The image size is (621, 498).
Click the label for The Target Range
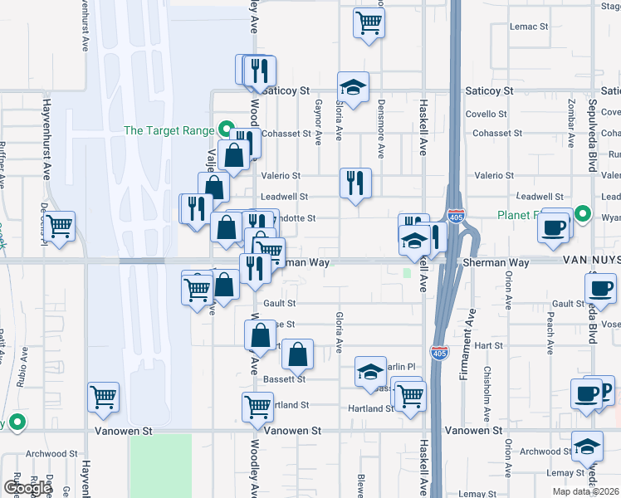click(x=169, y=130)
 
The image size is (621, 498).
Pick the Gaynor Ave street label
click(x=318, y=120)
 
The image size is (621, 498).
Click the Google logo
click(x=27, y=488)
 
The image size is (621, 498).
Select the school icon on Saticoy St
click(x=354, y=87)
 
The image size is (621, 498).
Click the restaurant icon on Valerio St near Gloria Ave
click(x=356, y=183)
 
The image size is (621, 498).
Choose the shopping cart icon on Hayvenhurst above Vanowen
click(x=104, y=398)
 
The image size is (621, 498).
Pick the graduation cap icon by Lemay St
click(x=587, y=447)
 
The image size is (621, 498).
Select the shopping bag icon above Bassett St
click(x=297, y=354)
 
